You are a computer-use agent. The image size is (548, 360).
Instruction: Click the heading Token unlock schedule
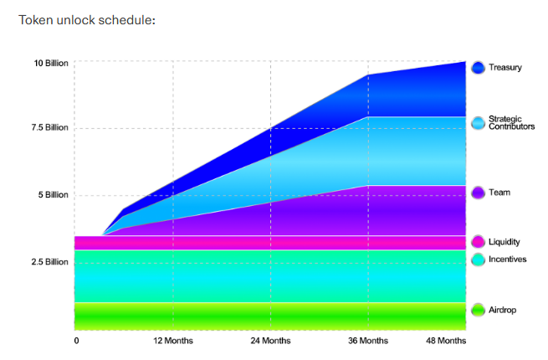tap(86, 19)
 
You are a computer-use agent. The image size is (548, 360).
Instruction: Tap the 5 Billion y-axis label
tap(51, 195)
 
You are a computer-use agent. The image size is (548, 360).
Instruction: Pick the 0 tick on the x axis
tap(76, 341)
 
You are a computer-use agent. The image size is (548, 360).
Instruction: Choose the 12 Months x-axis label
tap(173, 341)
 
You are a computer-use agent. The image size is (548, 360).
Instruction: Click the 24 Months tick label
tap(271, 341)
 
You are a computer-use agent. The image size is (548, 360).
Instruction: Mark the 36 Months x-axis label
tap(368, 341)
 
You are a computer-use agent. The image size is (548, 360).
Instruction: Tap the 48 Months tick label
tap(445, 341)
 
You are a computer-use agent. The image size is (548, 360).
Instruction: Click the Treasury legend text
tap(505, 67)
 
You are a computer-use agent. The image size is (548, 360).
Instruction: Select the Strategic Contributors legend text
tap(511, 122)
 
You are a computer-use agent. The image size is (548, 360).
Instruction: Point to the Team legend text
tap(499, 193)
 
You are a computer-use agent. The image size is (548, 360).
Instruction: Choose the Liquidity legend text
tap(504, 242)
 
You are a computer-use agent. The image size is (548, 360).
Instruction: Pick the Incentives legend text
tap(508, 260)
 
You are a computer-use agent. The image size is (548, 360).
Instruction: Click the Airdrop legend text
tap(502, 311)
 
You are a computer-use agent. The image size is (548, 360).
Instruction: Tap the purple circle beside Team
tap(479, 193)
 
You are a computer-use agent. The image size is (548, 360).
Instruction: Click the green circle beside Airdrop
tap(479, 311)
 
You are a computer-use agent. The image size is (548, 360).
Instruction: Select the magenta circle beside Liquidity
tap(479, 242)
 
